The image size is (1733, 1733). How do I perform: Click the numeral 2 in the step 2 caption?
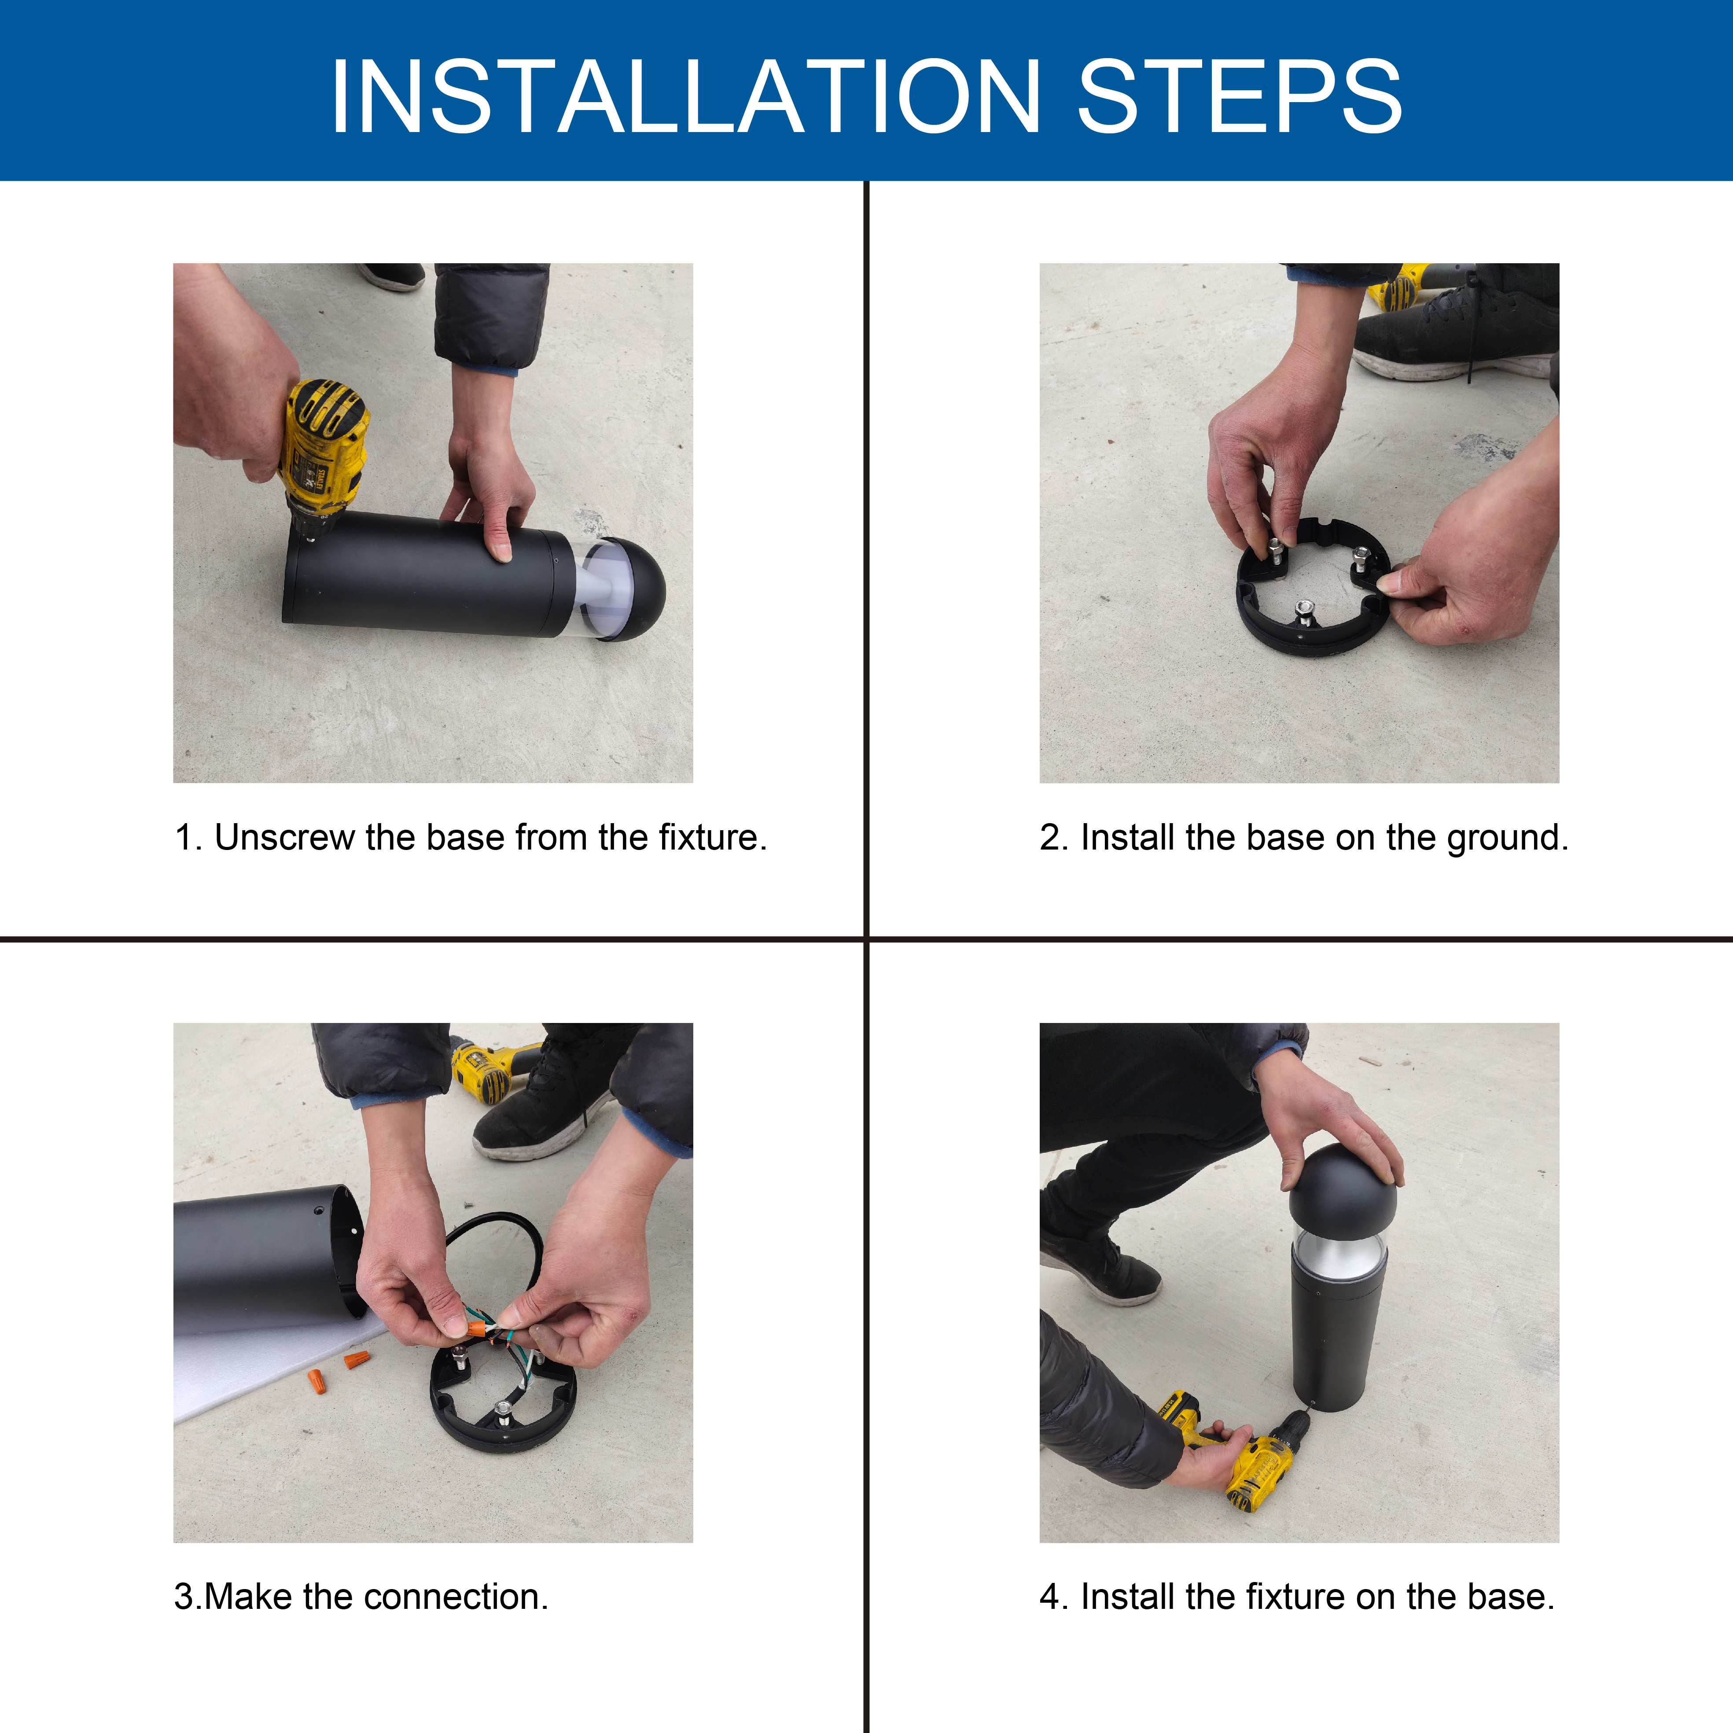1049,838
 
